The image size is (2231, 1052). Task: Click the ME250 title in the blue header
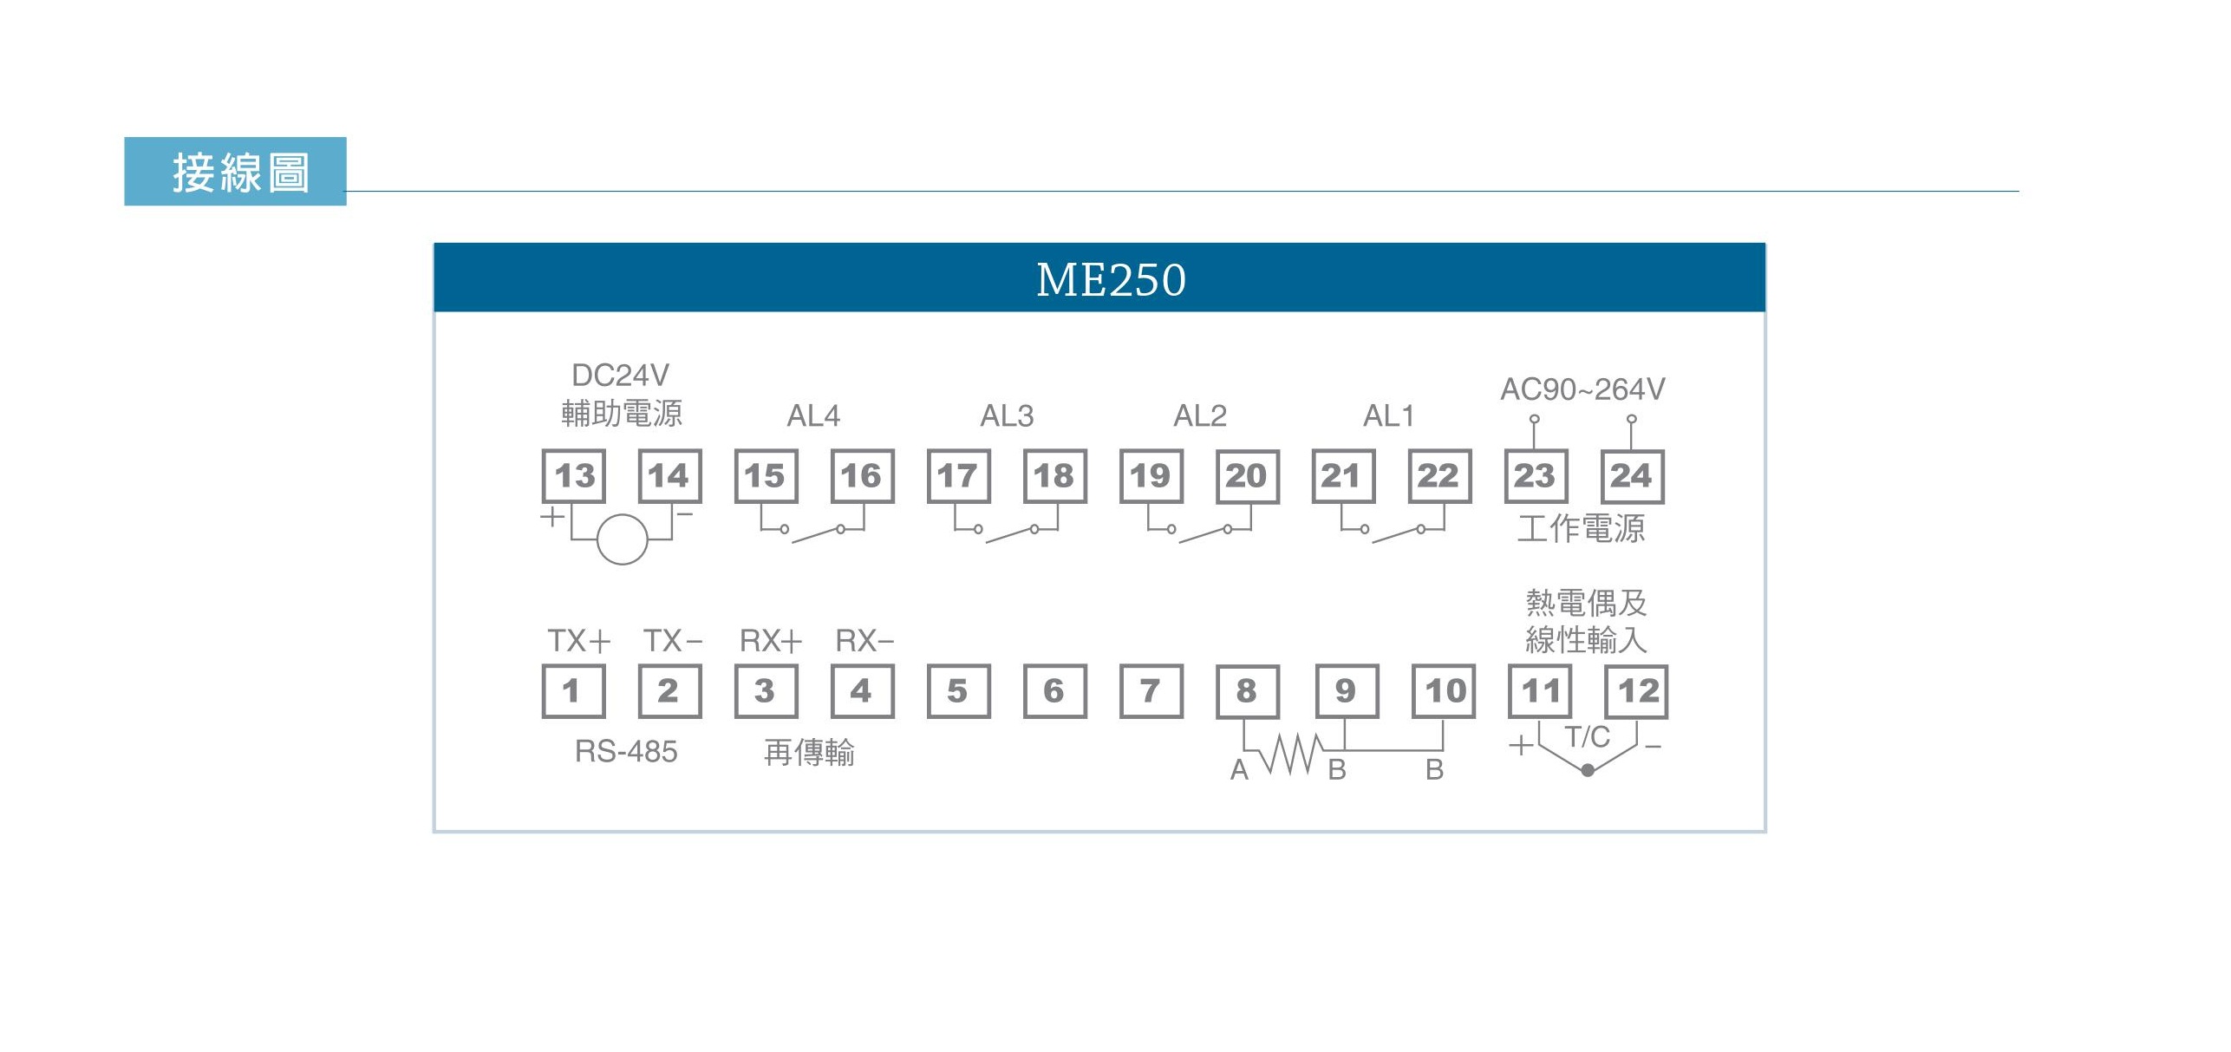1111,279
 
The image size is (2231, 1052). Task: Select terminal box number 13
574,476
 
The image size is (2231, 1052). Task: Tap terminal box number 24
1631,476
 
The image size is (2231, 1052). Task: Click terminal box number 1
573,691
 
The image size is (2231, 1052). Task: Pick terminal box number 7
1151,691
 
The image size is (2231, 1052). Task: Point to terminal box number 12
1636,691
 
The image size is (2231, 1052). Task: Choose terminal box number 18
1054,476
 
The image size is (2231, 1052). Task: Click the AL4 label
813,416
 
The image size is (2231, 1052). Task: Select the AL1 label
1388,416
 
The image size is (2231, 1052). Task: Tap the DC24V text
621,376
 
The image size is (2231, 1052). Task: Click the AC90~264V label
1582,389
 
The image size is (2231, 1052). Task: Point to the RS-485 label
626,751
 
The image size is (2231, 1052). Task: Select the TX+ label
579,641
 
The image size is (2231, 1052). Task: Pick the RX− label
864,641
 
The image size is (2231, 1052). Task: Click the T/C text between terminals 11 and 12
1587,737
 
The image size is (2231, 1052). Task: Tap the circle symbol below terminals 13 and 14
622,539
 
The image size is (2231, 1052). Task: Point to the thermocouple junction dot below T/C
1588,770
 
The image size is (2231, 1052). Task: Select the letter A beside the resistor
1239,770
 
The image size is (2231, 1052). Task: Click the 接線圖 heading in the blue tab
240,172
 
